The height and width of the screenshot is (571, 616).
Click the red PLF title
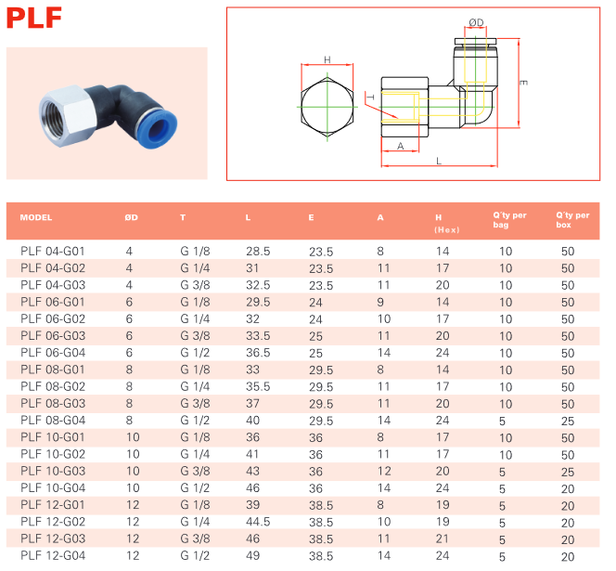point(34,18)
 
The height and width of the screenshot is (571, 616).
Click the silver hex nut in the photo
point(68,116)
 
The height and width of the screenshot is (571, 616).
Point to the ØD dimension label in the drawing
point(476,22)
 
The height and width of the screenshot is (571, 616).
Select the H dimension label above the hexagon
point(327,59)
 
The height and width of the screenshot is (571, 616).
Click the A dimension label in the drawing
point(401,147)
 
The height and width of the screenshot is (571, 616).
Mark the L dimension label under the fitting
point(439,161)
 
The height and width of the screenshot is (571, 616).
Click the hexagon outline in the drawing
point(302,107)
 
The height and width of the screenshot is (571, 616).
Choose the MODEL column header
point(36,217)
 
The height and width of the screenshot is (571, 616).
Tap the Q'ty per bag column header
point(509,220)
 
